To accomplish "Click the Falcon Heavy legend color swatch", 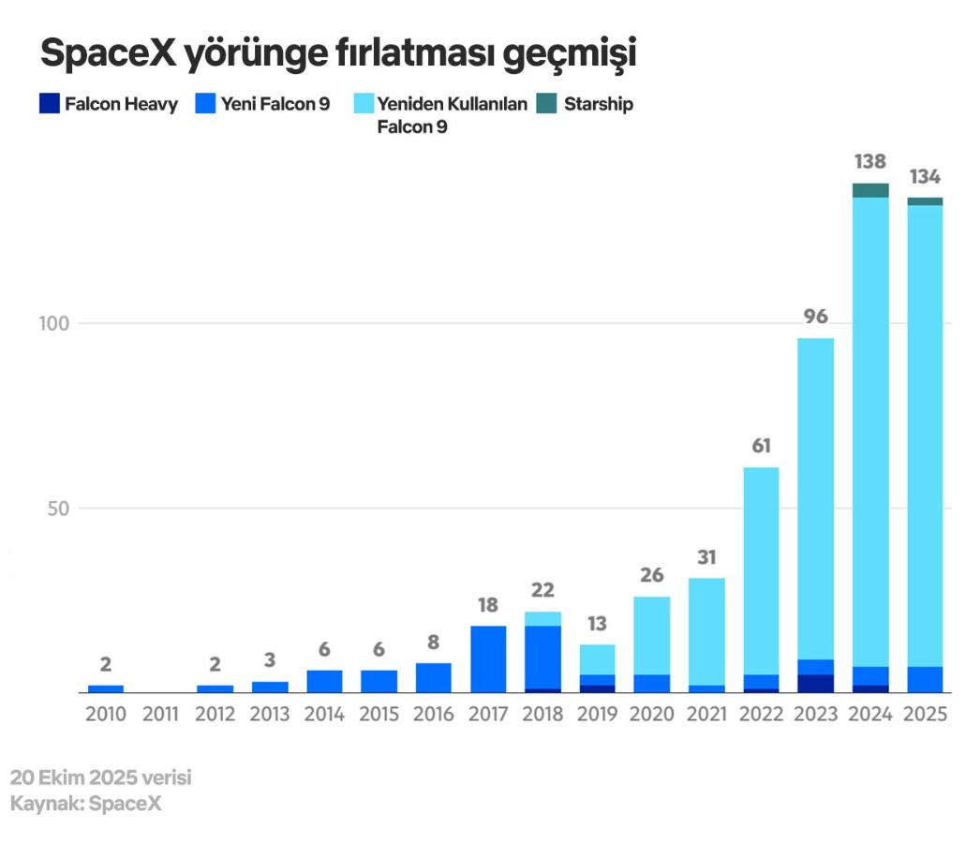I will point(50,104).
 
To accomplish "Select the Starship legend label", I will point(598,104).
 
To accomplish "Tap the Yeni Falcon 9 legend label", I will point(275,104).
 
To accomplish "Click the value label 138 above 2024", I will point(870,162).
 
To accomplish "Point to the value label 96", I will point(815,317).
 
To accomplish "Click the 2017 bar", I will point(488,659).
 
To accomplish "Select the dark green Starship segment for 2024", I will point(870,190).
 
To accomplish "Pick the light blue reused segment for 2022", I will point(761,570).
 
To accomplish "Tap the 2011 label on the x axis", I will point(160,715).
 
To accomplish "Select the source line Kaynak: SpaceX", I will point(86,804).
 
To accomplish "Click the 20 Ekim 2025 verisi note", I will point(101,777).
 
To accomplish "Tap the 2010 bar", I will point(106,688).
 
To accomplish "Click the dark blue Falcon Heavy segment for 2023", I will point(815,683).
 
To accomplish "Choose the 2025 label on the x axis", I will point(925,715).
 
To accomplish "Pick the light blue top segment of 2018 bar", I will point(542,618).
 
